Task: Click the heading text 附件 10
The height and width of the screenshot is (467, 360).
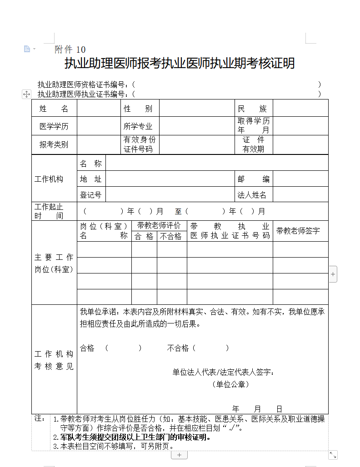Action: pyautogui.click(x=70, y=50)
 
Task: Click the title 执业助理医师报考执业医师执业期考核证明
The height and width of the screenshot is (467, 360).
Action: pyautogui.click(x=180, y=63)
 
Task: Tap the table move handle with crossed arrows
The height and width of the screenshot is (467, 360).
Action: pyautogui.click(x=26, y=94)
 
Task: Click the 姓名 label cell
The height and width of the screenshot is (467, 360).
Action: pyautogui.click(x=54, y=109)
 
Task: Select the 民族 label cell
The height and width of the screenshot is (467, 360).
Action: pyautogui.click(x=253, y=109)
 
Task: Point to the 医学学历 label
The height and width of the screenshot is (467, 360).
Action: pyautogui.click(x=54, y=126)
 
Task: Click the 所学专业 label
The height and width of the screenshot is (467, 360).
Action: pyautogui.click(x=138, y=126)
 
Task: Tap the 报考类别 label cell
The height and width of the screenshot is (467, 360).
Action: pyautogui.click(x=54, y=144)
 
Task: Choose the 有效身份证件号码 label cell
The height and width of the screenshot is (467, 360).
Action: pyautogui.click(x=139, y=144)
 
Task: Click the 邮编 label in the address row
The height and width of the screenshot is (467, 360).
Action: pyautogui.click(x=253, y=179)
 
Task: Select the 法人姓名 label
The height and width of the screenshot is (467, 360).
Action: pyautogui.click(x=252, y=195)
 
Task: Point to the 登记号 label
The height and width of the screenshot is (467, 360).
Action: pyautogui.click(x=90, y=195)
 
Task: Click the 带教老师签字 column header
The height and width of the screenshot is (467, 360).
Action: pyautogui.click(x=298, y=231)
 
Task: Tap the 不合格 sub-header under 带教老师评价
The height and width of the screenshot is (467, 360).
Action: pyautogui.click(x=171, y=236)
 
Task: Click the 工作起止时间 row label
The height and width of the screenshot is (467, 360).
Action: pyautogui.click(x=49, y=211)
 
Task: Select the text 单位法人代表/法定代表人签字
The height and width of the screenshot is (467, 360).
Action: pyautogui.click(x=224, y=373)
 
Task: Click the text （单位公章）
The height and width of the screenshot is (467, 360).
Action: pyautogui.click(x=230, y=384)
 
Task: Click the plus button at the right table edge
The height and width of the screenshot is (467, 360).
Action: pyautogui.click(x=333, y=274)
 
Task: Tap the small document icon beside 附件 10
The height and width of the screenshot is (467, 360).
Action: pyautogui.click(x=27, y=49)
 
